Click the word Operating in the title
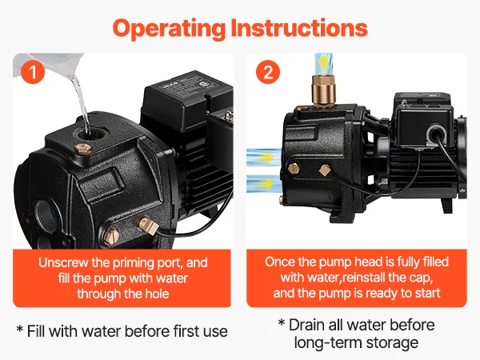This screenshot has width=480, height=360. pos(169,29)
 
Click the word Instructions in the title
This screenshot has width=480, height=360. pos(299,27)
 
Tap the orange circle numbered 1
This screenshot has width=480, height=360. pos(33,72)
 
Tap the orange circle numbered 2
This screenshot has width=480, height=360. pos(268,72)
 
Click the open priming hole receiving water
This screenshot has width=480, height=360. pos(90,133)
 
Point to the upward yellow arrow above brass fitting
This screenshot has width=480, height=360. pos(323,64)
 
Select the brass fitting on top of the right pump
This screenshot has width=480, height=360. pos(323,91)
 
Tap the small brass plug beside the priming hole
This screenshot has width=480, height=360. pos(83,149)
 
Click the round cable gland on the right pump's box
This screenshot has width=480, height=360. pos(437,134)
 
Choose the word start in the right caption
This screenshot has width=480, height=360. pos(427,293)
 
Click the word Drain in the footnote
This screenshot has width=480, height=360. pos(306,325)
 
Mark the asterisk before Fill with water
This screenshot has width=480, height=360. pos(20,330)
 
